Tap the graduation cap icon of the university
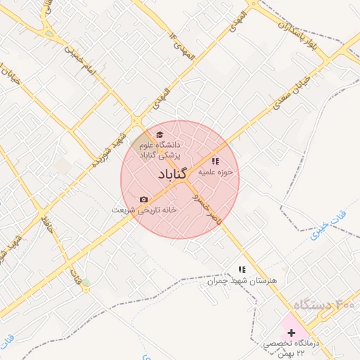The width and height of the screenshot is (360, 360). pyautogui.click(x=160, y=135)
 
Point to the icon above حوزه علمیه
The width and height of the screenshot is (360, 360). pyautogui.click(x=214, y=162)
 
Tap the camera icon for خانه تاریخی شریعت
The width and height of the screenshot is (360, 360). pyautogui.click(x=144, y=200)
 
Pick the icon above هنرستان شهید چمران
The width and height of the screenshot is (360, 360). pyautogui.click(x=242, y=269)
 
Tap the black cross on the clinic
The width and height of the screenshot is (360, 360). pyautogui.click(x=292, y=332)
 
